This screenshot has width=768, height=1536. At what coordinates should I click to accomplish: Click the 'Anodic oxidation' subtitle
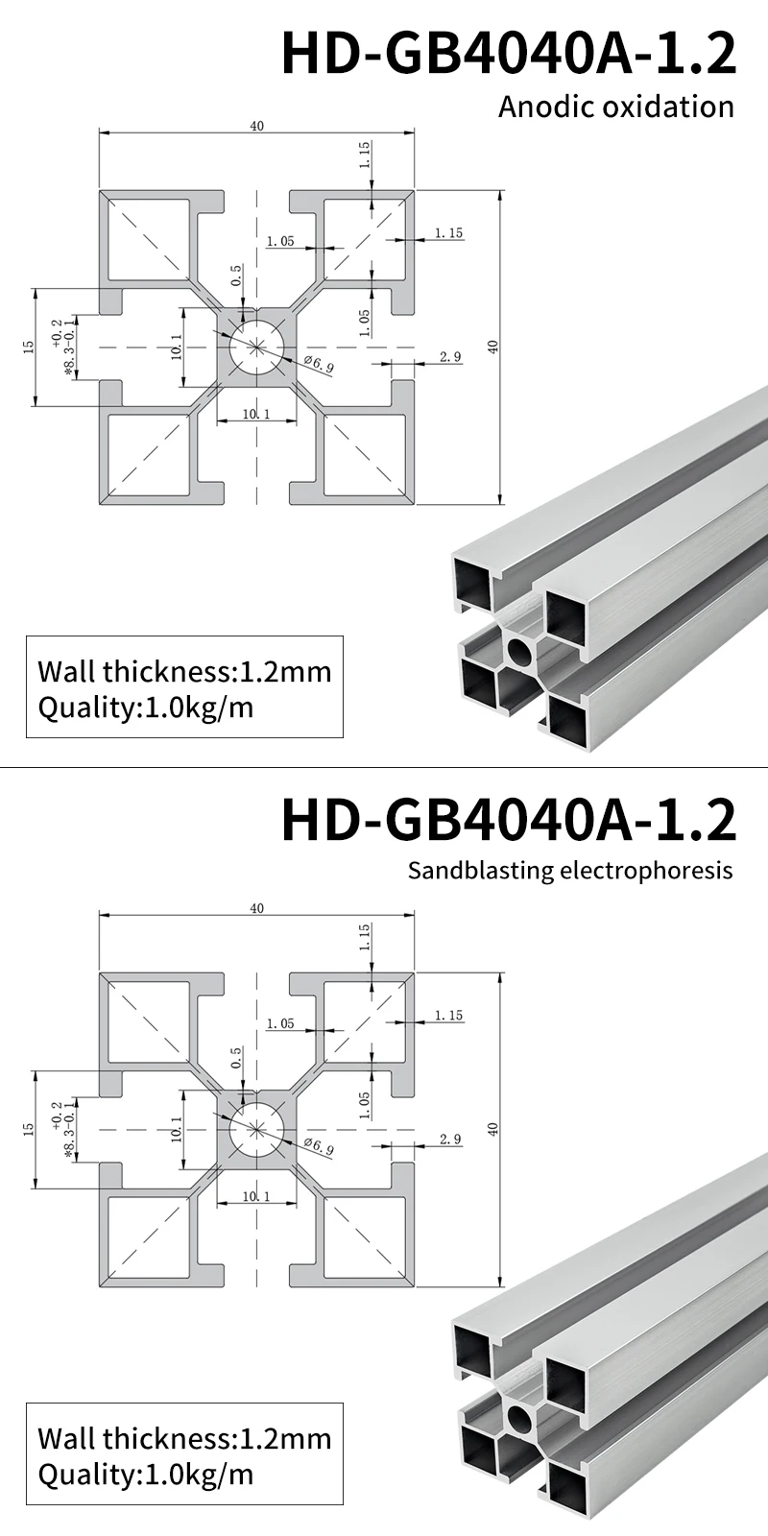pos(615,107)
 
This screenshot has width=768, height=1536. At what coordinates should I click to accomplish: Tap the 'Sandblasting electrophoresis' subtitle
pos(569,871)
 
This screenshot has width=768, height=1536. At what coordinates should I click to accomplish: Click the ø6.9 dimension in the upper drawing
pos(319,364)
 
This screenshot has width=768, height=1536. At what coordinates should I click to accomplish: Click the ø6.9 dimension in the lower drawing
pos(319,1146)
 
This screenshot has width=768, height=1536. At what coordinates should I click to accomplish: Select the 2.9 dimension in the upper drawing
pos(450,357)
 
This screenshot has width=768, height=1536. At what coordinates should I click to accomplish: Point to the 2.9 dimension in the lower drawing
pos(450,1140)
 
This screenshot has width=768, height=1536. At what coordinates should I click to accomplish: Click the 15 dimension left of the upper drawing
pos(28,346)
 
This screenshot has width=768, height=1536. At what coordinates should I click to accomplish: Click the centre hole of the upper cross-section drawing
pos(257,347)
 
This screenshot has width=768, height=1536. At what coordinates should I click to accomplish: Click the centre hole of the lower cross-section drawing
pos(257,1129)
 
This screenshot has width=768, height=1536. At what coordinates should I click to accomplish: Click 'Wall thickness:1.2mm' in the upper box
pos(184,671)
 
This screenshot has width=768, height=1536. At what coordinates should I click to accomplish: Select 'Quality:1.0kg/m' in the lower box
pos(146,1474)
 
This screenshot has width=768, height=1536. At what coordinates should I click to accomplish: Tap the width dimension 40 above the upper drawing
pos(256,126)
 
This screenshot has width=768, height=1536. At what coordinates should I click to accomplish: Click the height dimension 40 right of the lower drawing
pos(493,1129)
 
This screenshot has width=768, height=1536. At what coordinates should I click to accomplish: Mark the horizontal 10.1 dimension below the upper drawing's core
pos(256,414)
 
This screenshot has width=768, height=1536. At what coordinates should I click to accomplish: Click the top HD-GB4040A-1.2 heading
pos(509,54)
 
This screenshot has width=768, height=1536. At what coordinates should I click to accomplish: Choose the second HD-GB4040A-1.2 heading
pos(509,819)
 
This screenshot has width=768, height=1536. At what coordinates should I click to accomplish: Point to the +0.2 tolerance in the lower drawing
pos(58,1113)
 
